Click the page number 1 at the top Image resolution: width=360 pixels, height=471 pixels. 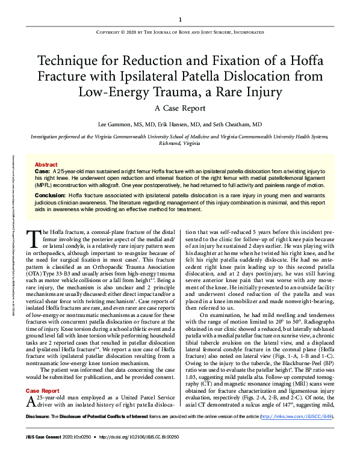click(180, 19)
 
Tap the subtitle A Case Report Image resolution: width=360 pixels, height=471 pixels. click(179, 108)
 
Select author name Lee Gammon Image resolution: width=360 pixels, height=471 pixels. click(114, 124)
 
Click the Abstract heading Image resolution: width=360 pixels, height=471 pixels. click(46, 164)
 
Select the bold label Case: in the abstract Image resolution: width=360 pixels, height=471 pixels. click(43, 171)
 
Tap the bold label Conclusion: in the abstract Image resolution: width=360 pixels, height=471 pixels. click(51, 195)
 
